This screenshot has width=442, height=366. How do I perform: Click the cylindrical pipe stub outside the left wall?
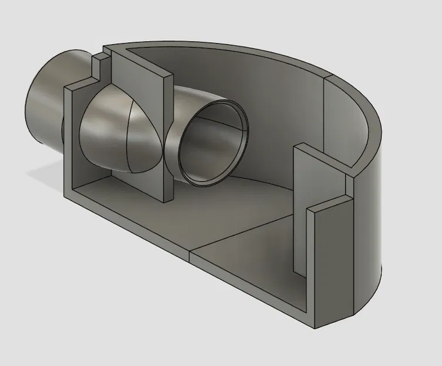click(x=44, y=105)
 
